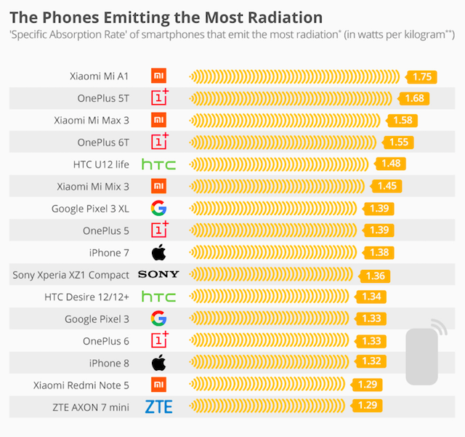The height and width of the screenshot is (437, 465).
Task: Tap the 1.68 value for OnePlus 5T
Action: point(414,98)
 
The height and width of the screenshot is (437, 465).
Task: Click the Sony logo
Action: point(158,275)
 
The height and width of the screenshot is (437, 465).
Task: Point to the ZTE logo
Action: point(158,407)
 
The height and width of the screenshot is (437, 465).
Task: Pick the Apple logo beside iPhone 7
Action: point(158,253)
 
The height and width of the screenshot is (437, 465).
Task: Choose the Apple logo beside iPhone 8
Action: point(158,363)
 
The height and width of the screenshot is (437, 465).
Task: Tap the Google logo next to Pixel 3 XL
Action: point(158,209)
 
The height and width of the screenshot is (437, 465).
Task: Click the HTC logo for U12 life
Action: point(158,164)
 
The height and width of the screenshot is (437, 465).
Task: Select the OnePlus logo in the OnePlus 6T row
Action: point(159,142)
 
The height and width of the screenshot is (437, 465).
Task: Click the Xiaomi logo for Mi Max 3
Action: point(158,120)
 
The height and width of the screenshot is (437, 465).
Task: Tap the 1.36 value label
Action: point(376,275)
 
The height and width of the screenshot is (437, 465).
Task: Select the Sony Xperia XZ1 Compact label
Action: point(71,275)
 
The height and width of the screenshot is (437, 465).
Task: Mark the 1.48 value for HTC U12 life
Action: point(390,164)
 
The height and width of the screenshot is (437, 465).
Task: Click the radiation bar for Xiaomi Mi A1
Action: point(294,76)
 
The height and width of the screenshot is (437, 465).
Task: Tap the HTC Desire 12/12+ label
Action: point(97,297)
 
